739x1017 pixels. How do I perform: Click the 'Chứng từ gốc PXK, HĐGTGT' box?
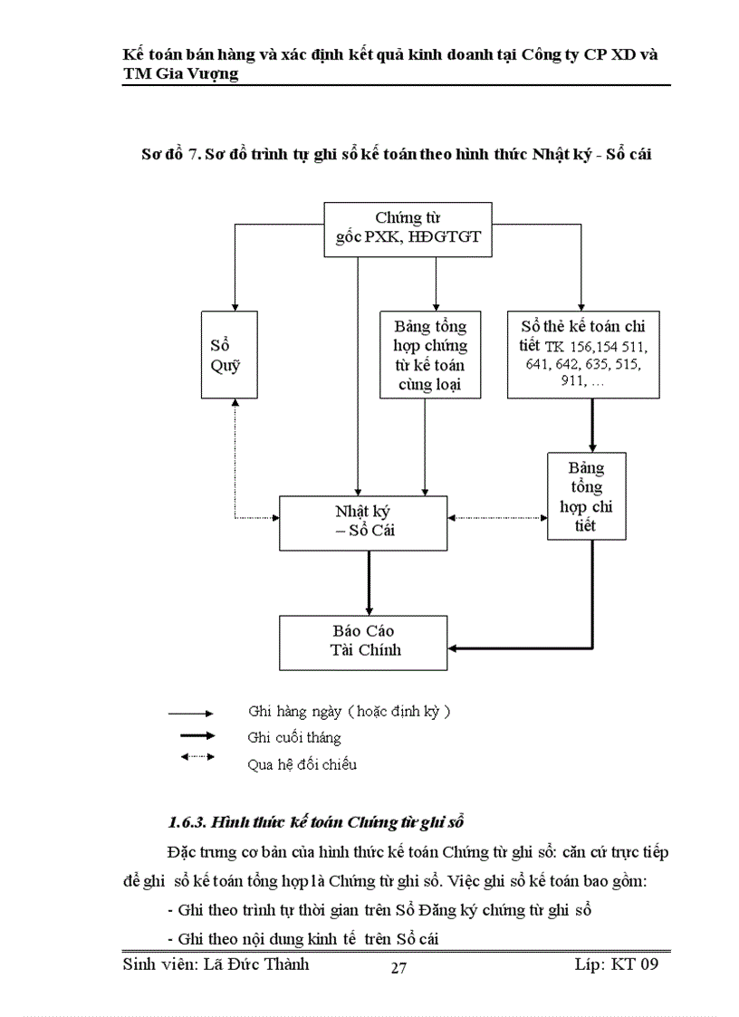pos(408,228)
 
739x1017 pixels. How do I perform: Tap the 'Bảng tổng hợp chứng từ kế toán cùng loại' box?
pos(430,355)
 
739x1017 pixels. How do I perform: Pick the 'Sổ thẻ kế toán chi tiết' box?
pos(582,355)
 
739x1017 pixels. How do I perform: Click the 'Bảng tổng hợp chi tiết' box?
pos(586,496)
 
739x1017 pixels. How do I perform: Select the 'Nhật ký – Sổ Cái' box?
pos(363,523)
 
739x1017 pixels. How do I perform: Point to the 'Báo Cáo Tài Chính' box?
pos(363,640)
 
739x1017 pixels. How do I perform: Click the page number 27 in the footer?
pos(398,968)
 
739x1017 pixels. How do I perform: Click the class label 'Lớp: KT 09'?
pos(616,964)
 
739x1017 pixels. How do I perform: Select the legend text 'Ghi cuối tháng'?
pos(294,738)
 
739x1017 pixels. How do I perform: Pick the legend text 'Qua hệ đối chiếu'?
pos(302,764)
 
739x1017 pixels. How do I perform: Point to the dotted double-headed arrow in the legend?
pos(197,757)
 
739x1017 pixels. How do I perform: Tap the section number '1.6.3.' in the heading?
pos(188,822)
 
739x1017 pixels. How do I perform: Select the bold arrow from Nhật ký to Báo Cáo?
pos(369,582)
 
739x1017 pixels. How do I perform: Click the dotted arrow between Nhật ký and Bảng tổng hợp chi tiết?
pos(497,518)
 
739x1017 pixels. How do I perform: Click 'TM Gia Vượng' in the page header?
pos(180,74)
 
